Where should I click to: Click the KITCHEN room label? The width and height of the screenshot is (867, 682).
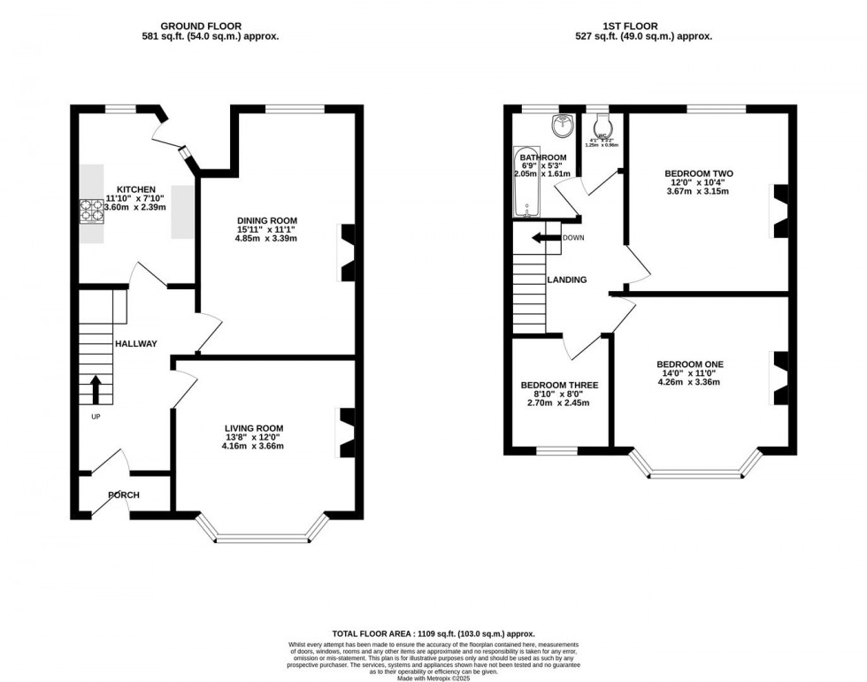tap(131, 189)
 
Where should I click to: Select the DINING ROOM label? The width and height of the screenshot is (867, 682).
tap(266, 220)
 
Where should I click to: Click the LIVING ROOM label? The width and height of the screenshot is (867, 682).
tap(254, 427)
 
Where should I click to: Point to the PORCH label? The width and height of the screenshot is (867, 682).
tap(124, 494)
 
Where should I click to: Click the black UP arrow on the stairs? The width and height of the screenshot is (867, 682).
tap(96, 389)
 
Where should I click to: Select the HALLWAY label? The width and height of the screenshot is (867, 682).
tap(135, 344)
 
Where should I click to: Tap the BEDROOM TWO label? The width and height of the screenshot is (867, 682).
tap(698, 173)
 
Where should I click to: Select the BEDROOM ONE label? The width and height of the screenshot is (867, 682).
tap(690, 364)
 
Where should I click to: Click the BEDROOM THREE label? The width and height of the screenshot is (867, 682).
tap(559, 385)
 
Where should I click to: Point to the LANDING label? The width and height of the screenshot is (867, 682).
tap(567, 280)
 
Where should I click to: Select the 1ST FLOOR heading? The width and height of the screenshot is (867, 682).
tap(644, 27)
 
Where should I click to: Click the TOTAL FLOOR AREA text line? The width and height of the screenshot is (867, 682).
tap(433, 633)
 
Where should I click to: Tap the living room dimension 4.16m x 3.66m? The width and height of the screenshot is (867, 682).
tap(254, 446)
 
